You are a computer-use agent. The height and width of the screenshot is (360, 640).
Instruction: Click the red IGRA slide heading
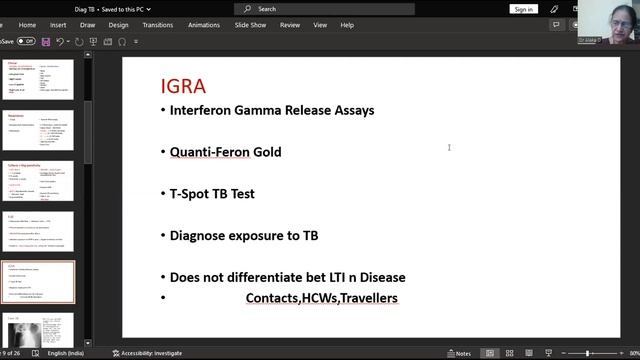coord(183,87)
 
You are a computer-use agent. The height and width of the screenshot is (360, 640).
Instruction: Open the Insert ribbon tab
coord(58,25)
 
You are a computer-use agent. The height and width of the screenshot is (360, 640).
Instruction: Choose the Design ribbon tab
coord(118,25)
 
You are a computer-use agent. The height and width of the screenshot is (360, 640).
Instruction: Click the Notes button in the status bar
coord(460,353)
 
